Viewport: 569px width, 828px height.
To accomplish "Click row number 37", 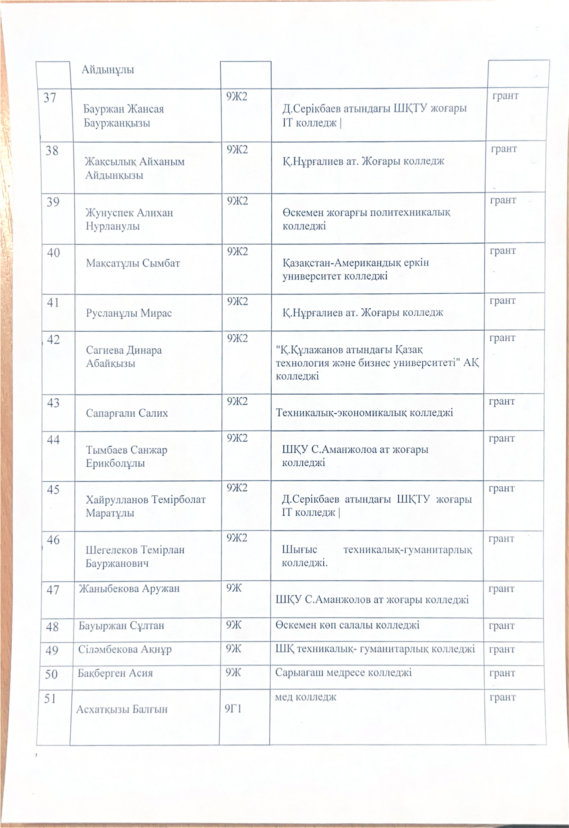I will (50, 98).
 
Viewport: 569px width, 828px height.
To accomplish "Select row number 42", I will (53, 339).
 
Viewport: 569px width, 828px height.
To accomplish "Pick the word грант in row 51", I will (502, 697).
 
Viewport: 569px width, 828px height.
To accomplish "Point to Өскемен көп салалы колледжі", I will (347, 625).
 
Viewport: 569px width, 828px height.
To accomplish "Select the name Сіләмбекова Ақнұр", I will (125, 649).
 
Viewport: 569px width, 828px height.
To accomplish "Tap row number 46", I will (53, 540).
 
